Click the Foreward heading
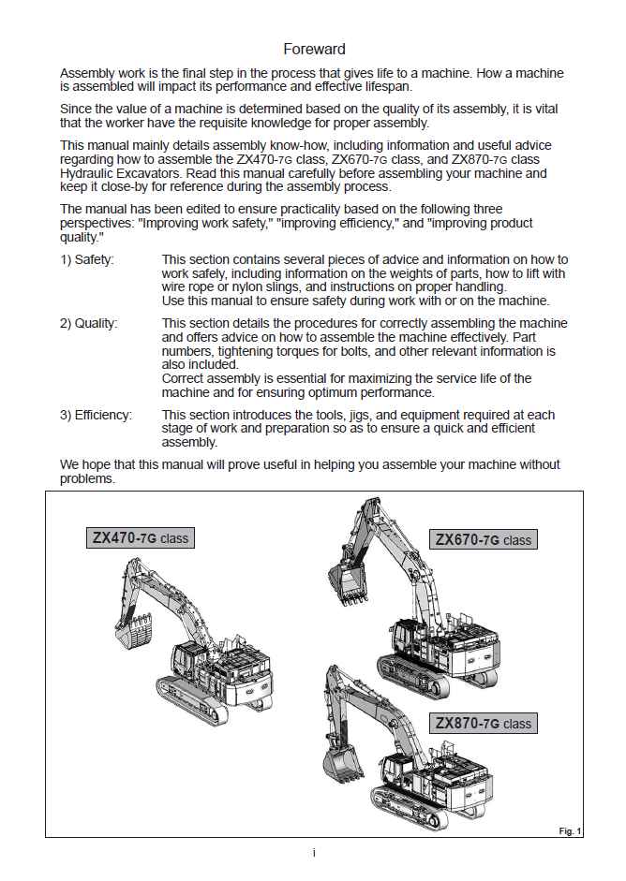[x=314, y=49]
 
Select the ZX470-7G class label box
[x=140, y=538]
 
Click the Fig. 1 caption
[x=570, y=830]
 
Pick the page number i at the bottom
[x=314, y=853]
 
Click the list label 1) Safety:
[x=86, y=259]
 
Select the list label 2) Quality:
[x=89, y=323]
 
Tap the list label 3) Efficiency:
[x=96, y=415]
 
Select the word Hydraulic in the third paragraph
[x=86, y=173]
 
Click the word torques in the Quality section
[x=268, y=351]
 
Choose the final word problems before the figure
[x=87, y=477]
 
